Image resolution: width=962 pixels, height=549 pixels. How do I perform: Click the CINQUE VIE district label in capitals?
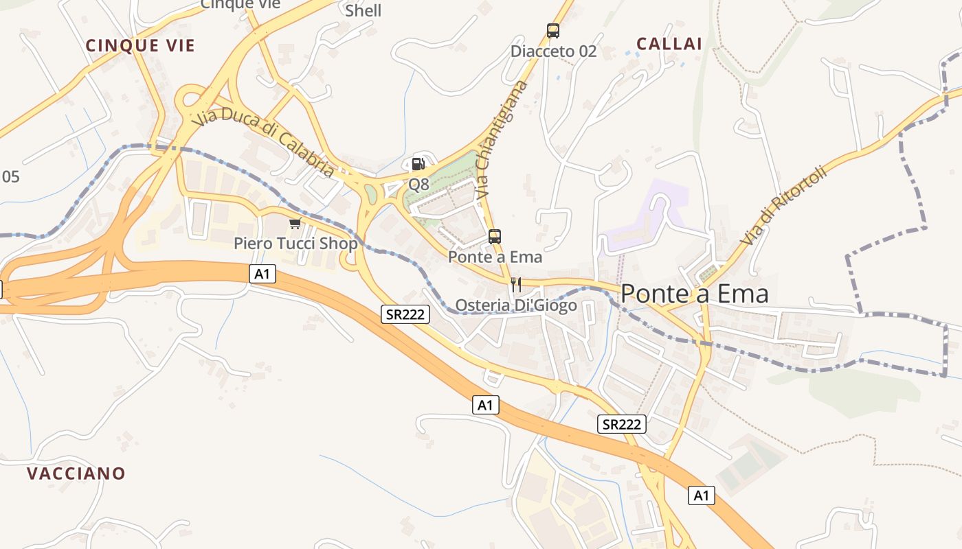[140, 46]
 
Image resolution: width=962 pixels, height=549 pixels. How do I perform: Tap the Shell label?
[363, 11]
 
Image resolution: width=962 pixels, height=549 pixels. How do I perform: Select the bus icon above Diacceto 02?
[553, 31]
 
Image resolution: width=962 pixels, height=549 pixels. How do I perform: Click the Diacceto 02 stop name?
[553, 51]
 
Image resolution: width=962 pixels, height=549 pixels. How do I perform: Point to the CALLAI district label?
[669, 44]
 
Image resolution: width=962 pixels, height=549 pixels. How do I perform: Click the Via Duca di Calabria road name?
[265, 144]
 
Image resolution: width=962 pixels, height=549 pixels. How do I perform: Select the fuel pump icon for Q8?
[418, 164]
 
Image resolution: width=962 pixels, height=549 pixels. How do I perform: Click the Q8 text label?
[418, 184]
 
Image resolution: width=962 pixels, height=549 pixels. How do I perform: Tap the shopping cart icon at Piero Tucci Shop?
[295, 223]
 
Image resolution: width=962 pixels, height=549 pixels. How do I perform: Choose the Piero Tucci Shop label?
[295, 244]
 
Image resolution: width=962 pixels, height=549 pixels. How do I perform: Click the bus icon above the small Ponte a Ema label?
[495, 237]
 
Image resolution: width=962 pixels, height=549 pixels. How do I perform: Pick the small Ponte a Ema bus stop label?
[495, 257]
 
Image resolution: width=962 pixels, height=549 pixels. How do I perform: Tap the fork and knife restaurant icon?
[516, 285]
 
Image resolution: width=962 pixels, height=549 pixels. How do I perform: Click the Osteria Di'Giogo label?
[516, 305]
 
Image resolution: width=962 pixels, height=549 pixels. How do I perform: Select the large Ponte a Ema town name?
[694, 294]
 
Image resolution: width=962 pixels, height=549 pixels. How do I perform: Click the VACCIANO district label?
[76, 474]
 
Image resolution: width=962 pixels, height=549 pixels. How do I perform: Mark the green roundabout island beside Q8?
[371, 195]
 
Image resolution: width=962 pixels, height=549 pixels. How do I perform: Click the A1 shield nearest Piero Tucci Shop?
[262, 274]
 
